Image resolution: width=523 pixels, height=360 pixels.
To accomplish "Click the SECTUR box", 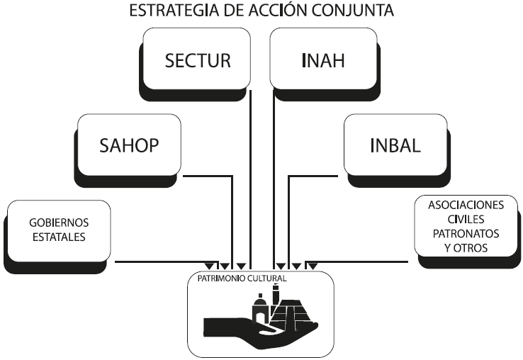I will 198,60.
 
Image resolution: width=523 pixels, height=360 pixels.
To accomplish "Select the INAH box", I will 323,60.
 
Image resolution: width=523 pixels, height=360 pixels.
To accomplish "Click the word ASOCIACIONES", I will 466,205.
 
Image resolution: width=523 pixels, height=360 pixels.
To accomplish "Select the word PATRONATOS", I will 466,233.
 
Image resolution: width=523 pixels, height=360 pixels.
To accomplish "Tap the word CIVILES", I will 466,219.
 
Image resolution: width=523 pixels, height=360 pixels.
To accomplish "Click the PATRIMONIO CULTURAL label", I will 237,279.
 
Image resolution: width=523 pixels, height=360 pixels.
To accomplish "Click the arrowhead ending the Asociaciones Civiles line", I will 311,266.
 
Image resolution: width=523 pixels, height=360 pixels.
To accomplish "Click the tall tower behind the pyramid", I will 276,293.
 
